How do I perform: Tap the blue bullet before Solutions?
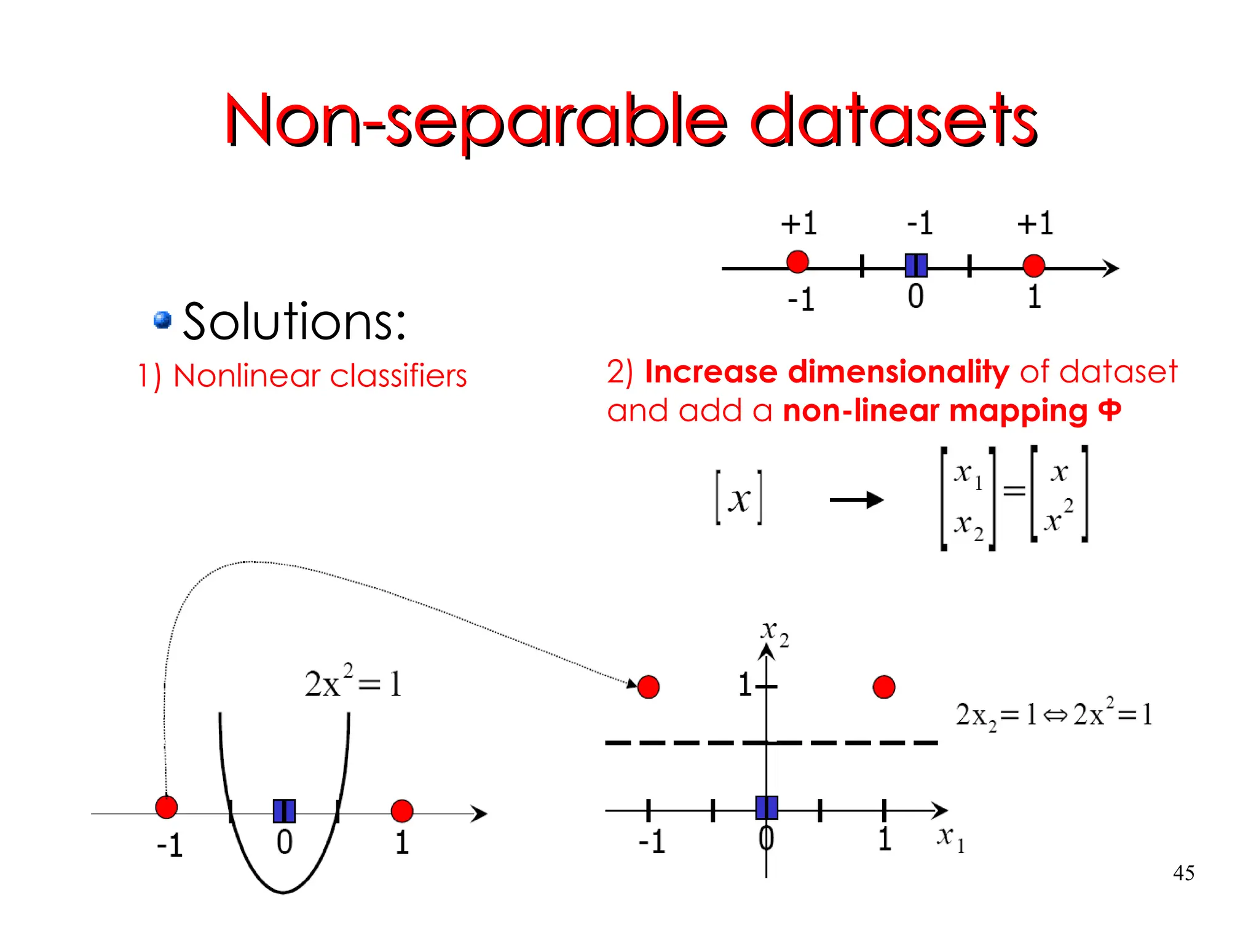(162, 320)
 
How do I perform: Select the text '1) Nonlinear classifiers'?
(302, 376)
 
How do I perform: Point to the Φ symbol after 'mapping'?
(1110, 410)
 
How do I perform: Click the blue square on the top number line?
(916, 266)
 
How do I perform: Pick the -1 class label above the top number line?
(920, 223)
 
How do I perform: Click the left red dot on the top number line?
(797, 261)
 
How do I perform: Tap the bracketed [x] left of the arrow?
(739, 498)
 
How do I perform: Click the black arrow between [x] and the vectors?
(856, 499)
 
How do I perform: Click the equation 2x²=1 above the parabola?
(353, 682)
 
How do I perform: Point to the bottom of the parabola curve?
(283, 891)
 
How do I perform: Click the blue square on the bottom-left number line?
(284, 811)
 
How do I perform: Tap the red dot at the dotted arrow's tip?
(649, 687)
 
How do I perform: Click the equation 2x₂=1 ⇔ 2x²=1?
(1054, 715)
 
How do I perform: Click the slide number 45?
(1183, 873)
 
